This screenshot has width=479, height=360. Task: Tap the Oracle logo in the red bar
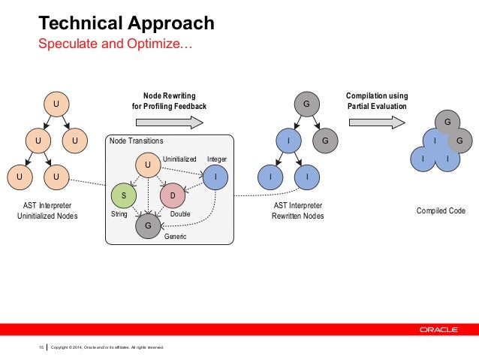(x=444, y=328)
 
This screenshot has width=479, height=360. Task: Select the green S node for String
(x=124, y=195)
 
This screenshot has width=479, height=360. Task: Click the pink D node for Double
(x=172, y=195)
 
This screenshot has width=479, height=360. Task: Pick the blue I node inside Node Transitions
(x=215, y=177)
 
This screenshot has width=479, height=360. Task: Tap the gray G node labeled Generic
(x=148, y=224)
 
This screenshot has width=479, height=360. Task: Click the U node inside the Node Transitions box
(x=148, y=163)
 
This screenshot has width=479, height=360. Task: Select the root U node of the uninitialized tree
(x=55, y=103)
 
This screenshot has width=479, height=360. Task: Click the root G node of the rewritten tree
(x=306, y=103)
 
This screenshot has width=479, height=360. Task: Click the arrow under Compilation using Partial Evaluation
(x=377, y=122)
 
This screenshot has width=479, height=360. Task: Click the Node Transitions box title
(x=135, y=141)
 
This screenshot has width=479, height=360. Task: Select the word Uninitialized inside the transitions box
(x=179, y=159)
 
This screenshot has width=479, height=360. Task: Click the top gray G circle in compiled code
(x=447, y=122)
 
